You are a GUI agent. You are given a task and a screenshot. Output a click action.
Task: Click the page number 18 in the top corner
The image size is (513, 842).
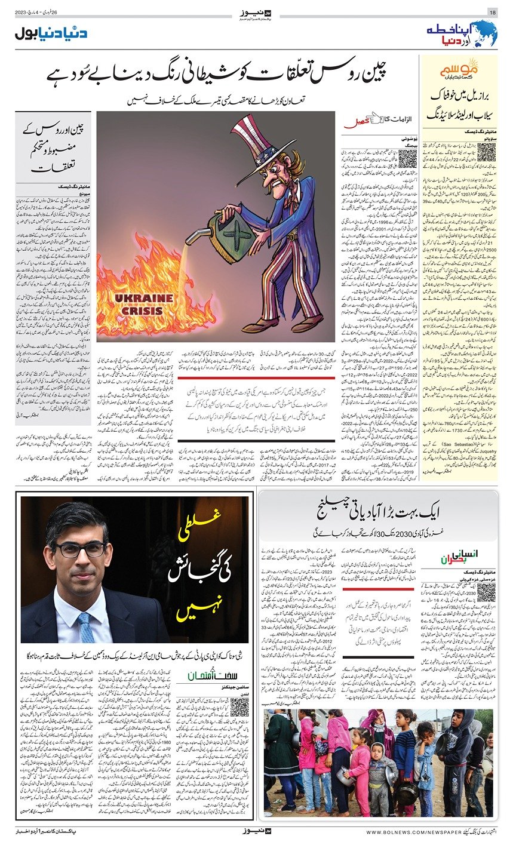click(493, 13)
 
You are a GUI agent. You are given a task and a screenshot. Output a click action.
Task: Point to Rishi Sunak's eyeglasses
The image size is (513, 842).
click(81, 549)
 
